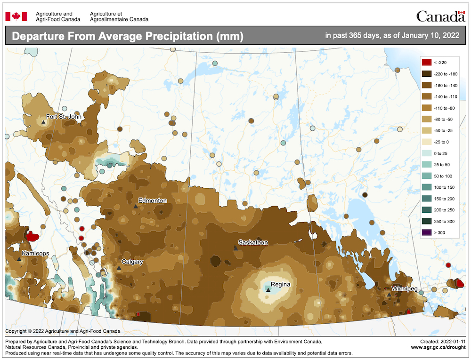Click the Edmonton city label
152,200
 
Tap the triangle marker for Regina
268,290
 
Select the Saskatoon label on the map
253,242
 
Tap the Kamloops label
35,253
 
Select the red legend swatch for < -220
427,62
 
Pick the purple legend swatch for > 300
427,232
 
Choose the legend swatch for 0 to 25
427,153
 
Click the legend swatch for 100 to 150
427,187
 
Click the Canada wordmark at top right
440,17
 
